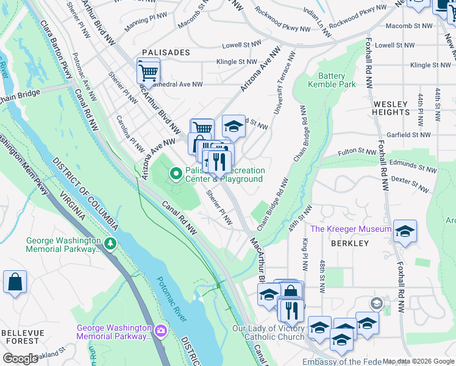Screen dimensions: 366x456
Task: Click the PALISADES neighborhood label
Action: click(x=166, y=53)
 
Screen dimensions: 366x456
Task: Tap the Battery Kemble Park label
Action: click(x=332, y=80)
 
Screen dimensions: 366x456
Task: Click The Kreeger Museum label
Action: click(x=351, y=229)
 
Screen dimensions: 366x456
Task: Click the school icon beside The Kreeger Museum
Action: click(x=404, y=231)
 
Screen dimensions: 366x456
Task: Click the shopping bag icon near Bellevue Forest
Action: click(x=15, y=282)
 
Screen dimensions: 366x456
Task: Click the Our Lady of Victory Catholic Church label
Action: click(x=268, y=332)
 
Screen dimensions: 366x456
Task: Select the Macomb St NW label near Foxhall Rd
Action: click(x=408, y=26)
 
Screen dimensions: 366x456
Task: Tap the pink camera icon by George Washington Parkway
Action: click(x=160, y=331)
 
